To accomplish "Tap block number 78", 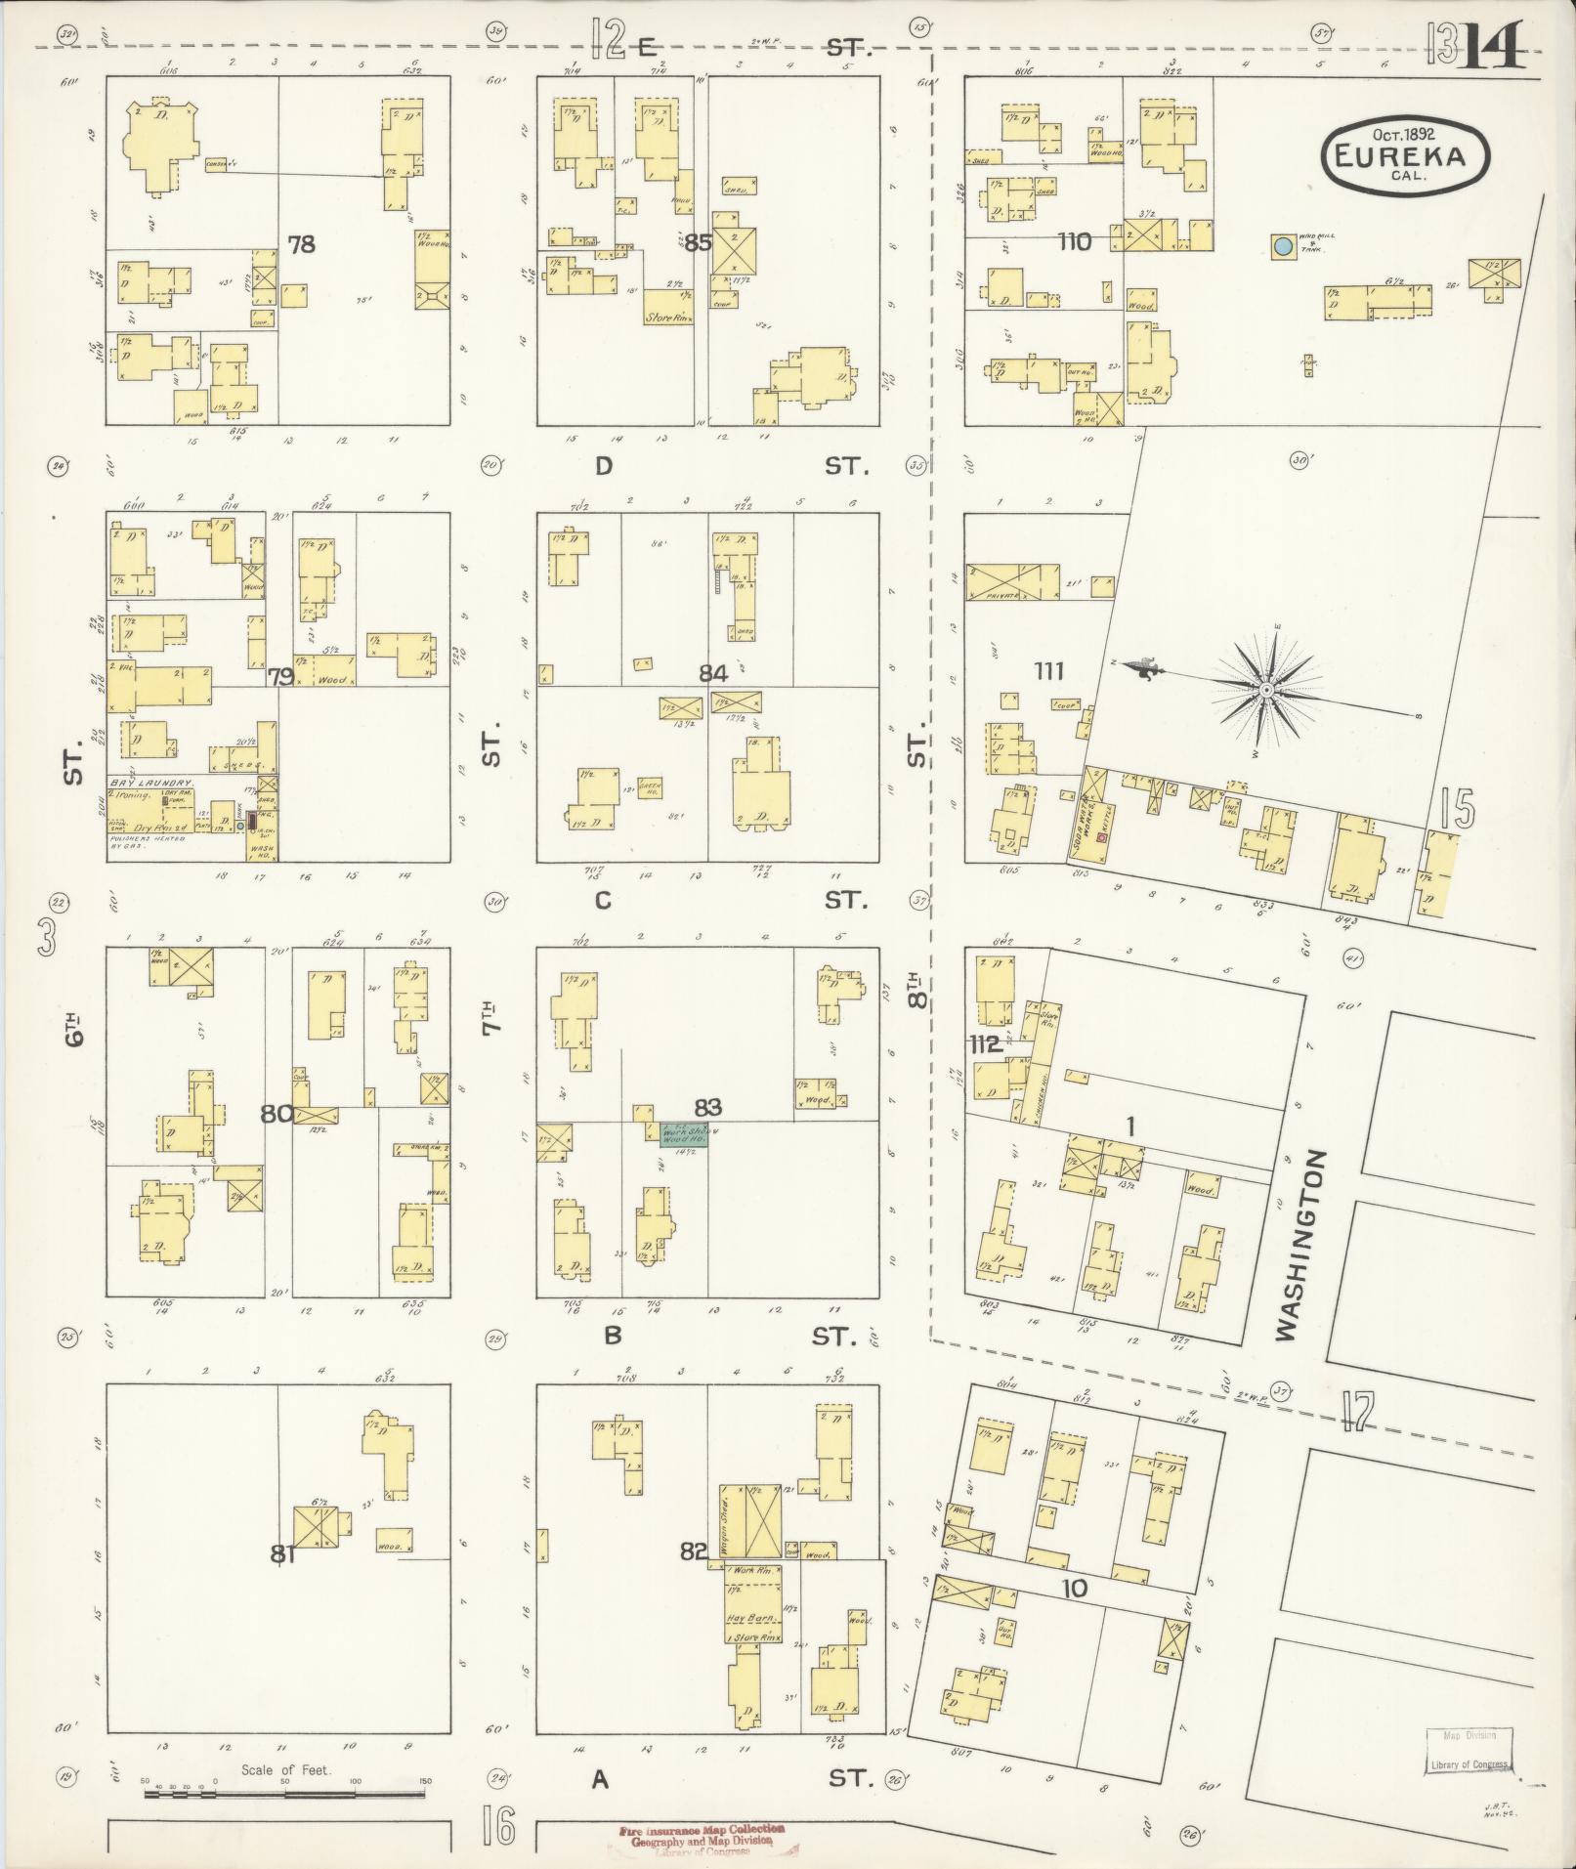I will (302, 243).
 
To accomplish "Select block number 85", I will (698, 242).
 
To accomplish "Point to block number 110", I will (1074, 241).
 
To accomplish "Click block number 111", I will (1048, 671).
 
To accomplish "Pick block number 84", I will (713, 673).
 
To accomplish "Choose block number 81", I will (282, 1552).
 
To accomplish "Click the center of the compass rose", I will (1265, 691).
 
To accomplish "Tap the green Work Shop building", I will (682, 1133).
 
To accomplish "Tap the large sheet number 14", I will (1492, 44).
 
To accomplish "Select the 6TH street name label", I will (74, 1029).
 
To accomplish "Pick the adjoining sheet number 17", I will (1358, 1412).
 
